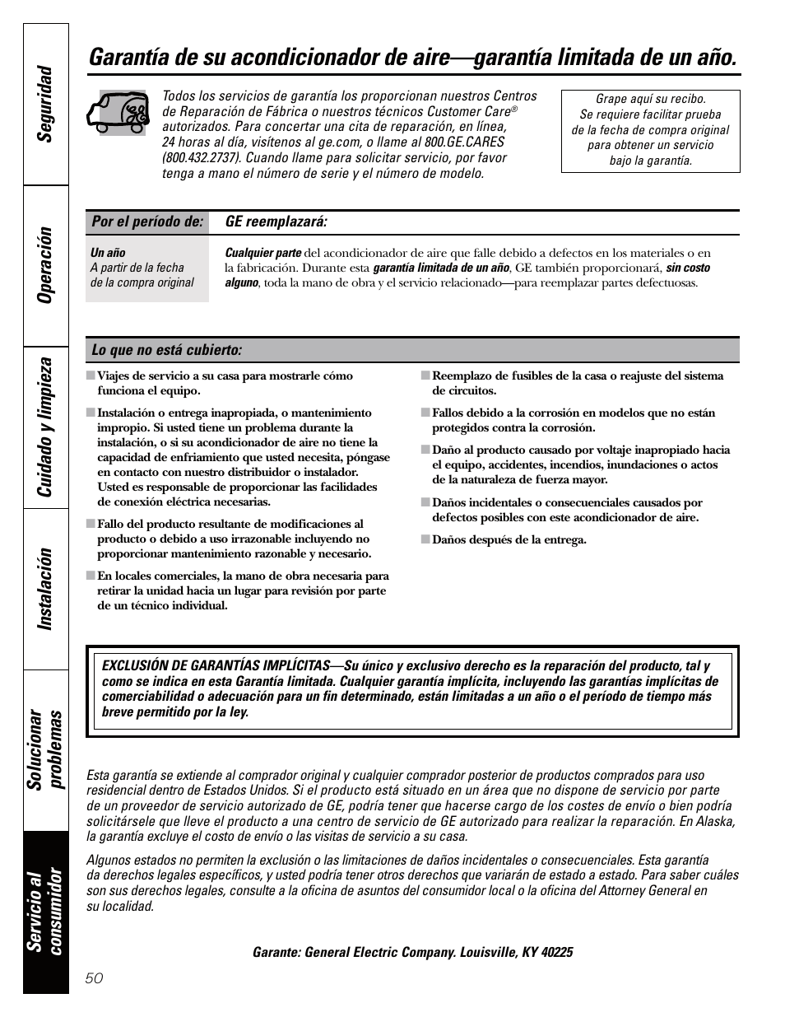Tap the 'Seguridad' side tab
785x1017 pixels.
click(x=45, y=103)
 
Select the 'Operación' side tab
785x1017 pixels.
click(x=45, y=264)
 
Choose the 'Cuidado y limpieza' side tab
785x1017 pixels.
click(x=45, y=427)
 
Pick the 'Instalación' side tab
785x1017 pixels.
click(x=45, y=589)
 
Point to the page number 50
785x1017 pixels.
click(x=94, y=977)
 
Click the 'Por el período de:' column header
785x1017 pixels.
click(x=146, y=222)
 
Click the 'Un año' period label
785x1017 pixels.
click(x=108, y=253)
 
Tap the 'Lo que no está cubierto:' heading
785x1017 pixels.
click(x=167, y=351)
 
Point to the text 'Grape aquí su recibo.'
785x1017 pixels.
click(x=650, y=99)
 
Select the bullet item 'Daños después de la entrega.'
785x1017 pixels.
click(x=509, y=540)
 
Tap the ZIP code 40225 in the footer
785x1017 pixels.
click(x=555, y=952)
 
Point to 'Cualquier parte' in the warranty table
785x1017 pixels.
click(x=263, y=253)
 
